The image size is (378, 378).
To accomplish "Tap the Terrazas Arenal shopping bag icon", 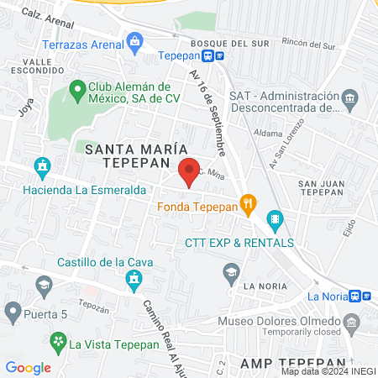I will pyautogui.click(x=134, y=41).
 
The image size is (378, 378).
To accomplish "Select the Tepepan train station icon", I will pyautogui.click(x=218, y=56).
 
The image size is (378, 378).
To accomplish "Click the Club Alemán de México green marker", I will pyautogui.click(x=76, y=87).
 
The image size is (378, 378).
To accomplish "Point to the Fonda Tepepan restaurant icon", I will pyautogui.click(x=248, y=202).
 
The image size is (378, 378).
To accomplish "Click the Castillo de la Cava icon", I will pyautogui.click(x=133, y=278).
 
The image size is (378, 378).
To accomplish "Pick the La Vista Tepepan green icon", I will pyautogui.click(x=58, y=342).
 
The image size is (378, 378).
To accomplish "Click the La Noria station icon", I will pyautogui.click(x=356, y=296).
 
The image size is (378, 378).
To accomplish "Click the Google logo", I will pyautogui.click(x=28, y=367).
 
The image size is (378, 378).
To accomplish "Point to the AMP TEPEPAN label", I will pyautogui.click(x=284, y=361).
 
